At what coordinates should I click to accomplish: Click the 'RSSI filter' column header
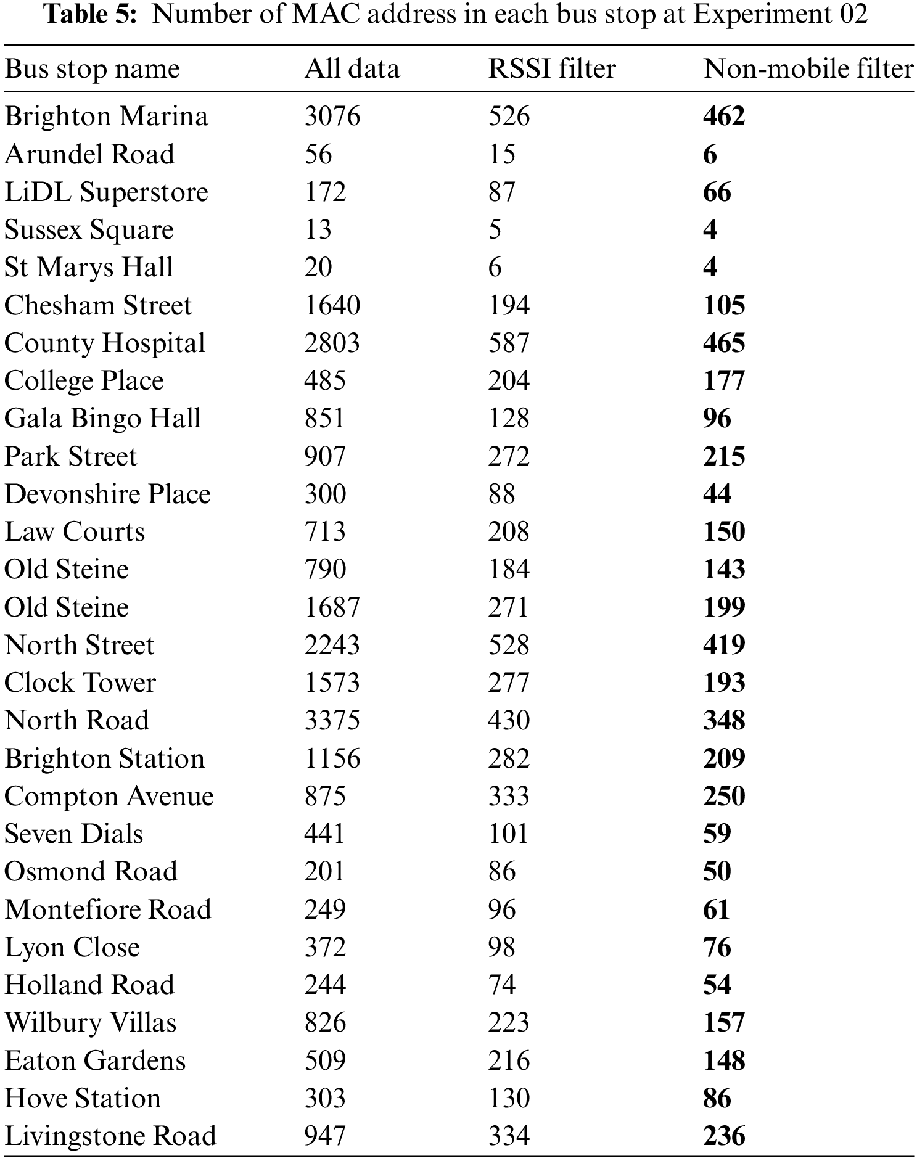tap(551, 68)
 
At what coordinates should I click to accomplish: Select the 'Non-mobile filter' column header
tap(808, 68)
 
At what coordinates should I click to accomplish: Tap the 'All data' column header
tap(352, 68)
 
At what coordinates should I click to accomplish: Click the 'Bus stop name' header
tap(92, 68)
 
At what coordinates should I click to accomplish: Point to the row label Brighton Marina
tap(106, 117)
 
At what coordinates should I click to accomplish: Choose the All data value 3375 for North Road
tap(332, 720)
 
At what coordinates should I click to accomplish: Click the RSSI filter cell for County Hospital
tap(509, 343)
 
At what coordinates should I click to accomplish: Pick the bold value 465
tap(724, 343)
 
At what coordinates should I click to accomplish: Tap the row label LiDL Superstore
tap(106, 192)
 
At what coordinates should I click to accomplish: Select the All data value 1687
tap(332, 607)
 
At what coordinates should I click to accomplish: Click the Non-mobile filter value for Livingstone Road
tap(724, 1136)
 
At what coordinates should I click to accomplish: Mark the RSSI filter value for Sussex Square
tap(495, 229)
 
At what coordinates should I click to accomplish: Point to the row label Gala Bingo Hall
tap(102, 418)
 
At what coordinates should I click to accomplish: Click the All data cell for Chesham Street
tap(332, 305)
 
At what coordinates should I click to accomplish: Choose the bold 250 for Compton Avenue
tap(724, 796)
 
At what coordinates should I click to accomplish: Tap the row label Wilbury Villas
tap(90, 1022)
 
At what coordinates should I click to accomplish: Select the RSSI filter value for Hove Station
tap(509, 1098)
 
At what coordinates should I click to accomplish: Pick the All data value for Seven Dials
tap(324, 834)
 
